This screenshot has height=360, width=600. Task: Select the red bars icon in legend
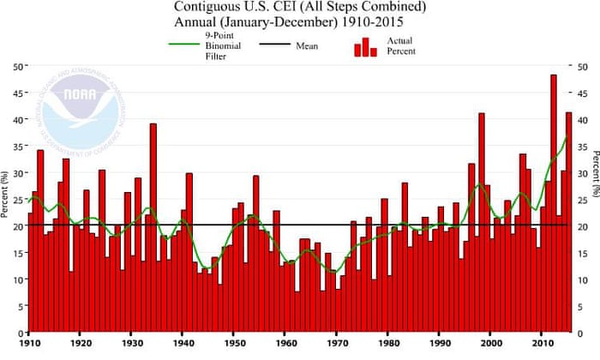(365, 45)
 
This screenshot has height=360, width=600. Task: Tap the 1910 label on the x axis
(29, 345)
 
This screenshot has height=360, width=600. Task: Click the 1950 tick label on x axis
(232, 345)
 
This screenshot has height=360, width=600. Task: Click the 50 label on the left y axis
(17, 66)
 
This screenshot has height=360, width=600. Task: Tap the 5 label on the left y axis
(20, 306)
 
